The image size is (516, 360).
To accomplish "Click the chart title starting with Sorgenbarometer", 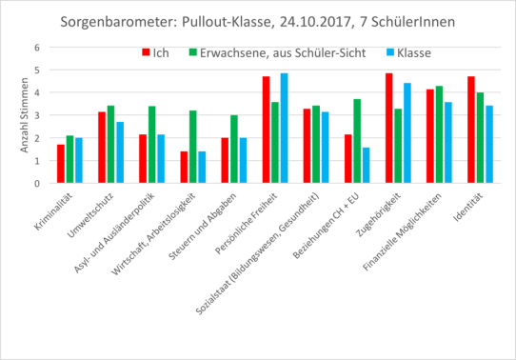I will [x=258, y=20].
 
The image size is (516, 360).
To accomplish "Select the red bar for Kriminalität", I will [x=61, y=164].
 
